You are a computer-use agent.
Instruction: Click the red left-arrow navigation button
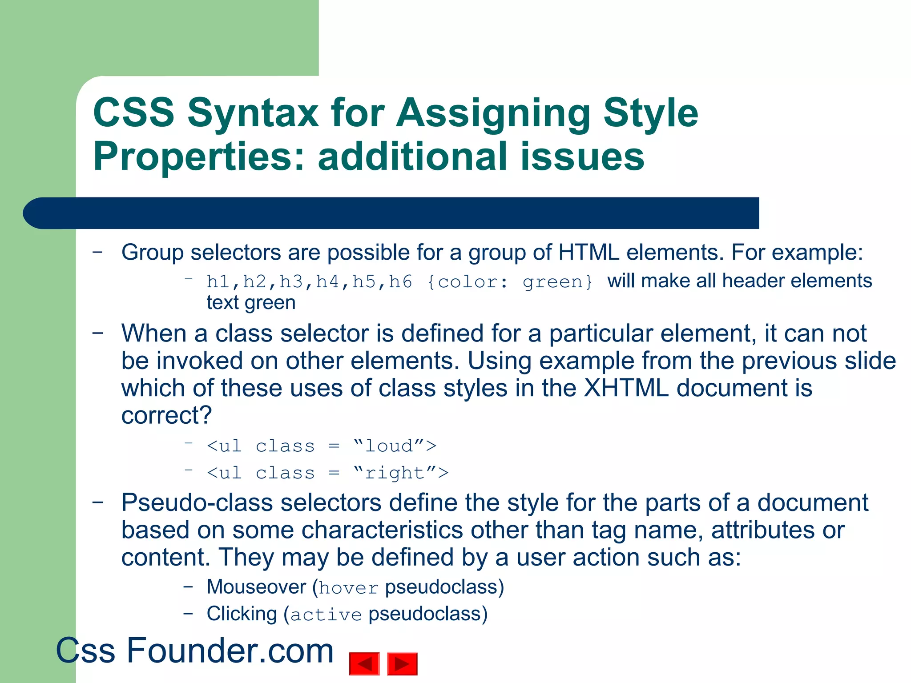[x=364, y=664]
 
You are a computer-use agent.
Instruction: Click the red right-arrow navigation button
[x=402, y=664]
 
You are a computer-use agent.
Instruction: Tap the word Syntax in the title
[x=253, y=113]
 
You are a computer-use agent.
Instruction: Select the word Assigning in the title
[x=493, y=113]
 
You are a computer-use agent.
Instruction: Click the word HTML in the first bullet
[x=589, y=253]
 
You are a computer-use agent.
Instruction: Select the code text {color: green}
[x=510, y=282]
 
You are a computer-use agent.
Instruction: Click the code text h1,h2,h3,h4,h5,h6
[x=309, y=282]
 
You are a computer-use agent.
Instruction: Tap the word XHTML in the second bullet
[x=626, y=388]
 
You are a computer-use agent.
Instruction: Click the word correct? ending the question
[x=167, y=415]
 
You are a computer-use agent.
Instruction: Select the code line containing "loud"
[x=322, y=446]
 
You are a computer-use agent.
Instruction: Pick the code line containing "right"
[x=327, y=473]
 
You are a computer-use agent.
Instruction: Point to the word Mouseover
[x=256, y=587]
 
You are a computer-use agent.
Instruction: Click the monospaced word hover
[x=349, y=588]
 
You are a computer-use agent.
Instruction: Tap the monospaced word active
[x=326, y=615]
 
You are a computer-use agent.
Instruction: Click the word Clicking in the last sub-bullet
[x=242, y=614]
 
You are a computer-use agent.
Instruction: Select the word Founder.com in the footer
[x=230, y=651]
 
